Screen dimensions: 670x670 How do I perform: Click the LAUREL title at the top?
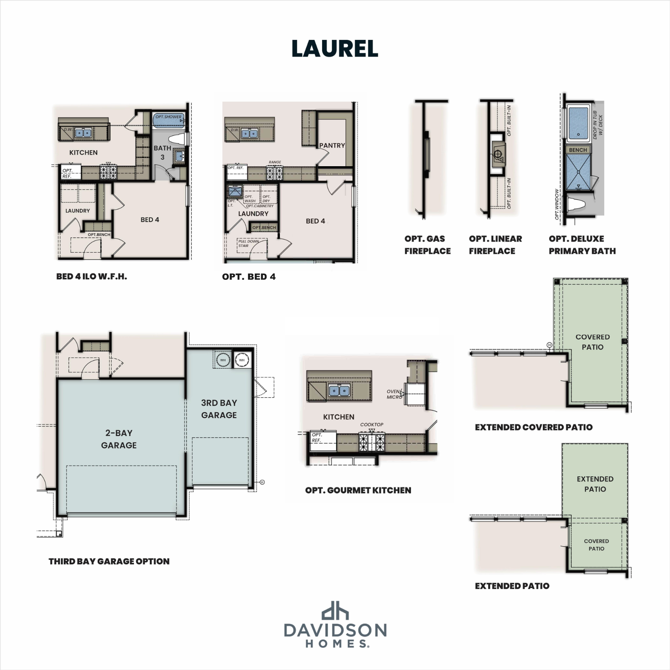(335, 49)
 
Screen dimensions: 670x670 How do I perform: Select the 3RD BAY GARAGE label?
(219, 409)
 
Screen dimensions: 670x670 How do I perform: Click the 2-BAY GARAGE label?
(119, 439)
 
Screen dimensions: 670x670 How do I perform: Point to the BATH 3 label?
(162, 152)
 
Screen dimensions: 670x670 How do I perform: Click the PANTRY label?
(332, 145)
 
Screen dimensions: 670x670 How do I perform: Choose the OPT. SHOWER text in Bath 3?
(168, 117)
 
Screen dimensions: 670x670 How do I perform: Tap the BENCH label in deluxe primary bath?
(578, 150)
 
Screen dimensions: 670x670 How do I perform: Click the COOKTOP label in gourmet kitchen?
(371, 424)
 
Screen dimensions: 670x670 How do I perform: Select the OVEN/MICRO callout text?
(394, 394)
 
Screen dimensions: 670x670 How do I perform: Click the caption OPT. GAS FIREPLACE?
(427, 245)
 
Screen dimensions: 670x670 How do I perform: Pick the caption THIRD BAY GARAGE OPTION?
(109, 561)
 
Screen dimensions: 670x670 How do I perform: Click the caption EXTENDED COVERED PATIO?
(533, 427)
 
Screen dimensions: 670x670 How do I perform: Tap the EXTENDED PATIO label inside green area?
(595, 484)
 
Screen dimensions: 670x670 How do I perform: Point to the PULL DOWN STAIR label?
(248, 243)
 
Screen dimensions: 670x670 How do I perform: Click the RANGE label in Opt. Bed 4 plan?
(275, 162)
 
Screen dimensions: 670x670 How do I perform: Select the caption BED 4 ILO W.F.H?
(91, 277)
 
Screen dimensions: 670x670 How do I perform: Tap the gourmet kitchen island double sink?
(339, 390)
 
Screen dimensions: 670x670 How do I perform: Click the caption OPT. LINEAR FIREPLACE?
(495, 245)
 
